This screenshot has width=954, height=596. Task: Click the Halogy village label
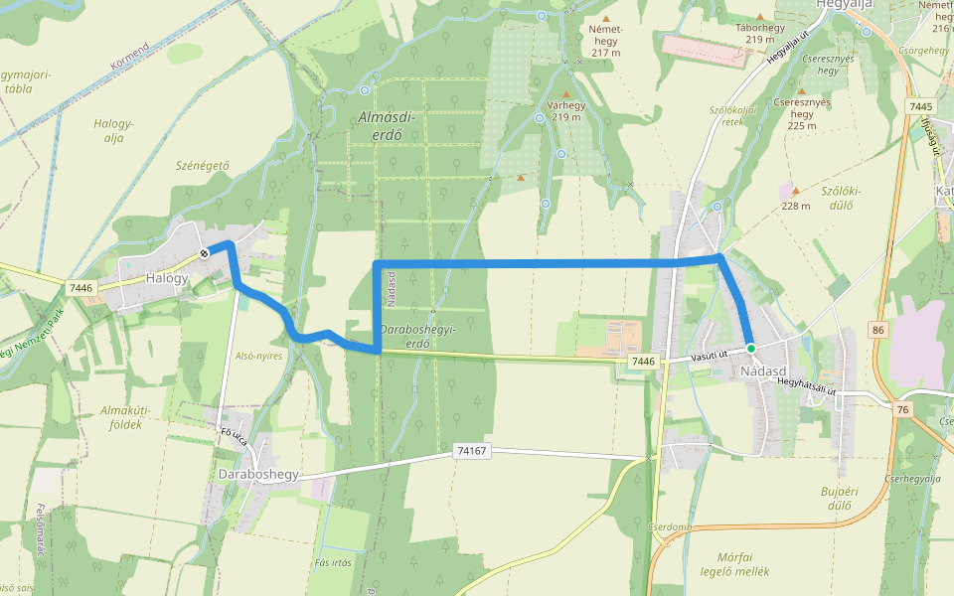[166, 278]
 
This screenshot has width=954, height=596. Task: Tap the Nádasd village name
[764, 372]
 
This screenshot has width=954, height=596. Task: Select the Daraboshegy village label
[258, 475]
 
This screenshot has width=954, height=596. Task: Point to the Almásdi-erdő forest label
[387, 126]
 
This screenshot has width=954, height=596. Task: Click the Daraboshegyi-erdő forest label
[417, 337]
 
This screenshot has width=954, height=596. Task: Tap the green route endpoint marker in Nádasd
[751, 349]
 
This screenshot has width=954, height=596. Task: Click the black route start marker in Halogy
[204, 252]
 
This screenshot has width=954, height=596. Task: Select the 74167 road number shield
[472, 451]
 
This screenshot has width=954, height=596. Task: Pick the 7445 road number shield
[921, 106]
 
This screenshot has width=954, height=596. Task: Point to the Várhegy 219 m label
[566, 111]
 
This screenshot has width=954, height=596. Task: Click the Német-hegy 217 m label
[605, 41]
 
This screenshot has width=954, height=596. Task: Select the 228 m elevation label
[796, 207]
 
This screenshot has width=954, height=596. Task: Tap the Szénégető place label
[202, 166]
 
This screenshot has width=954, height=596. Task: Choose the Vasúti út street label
[710, 355]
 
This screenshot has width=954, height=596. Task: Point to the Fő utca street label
[234, 435]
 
